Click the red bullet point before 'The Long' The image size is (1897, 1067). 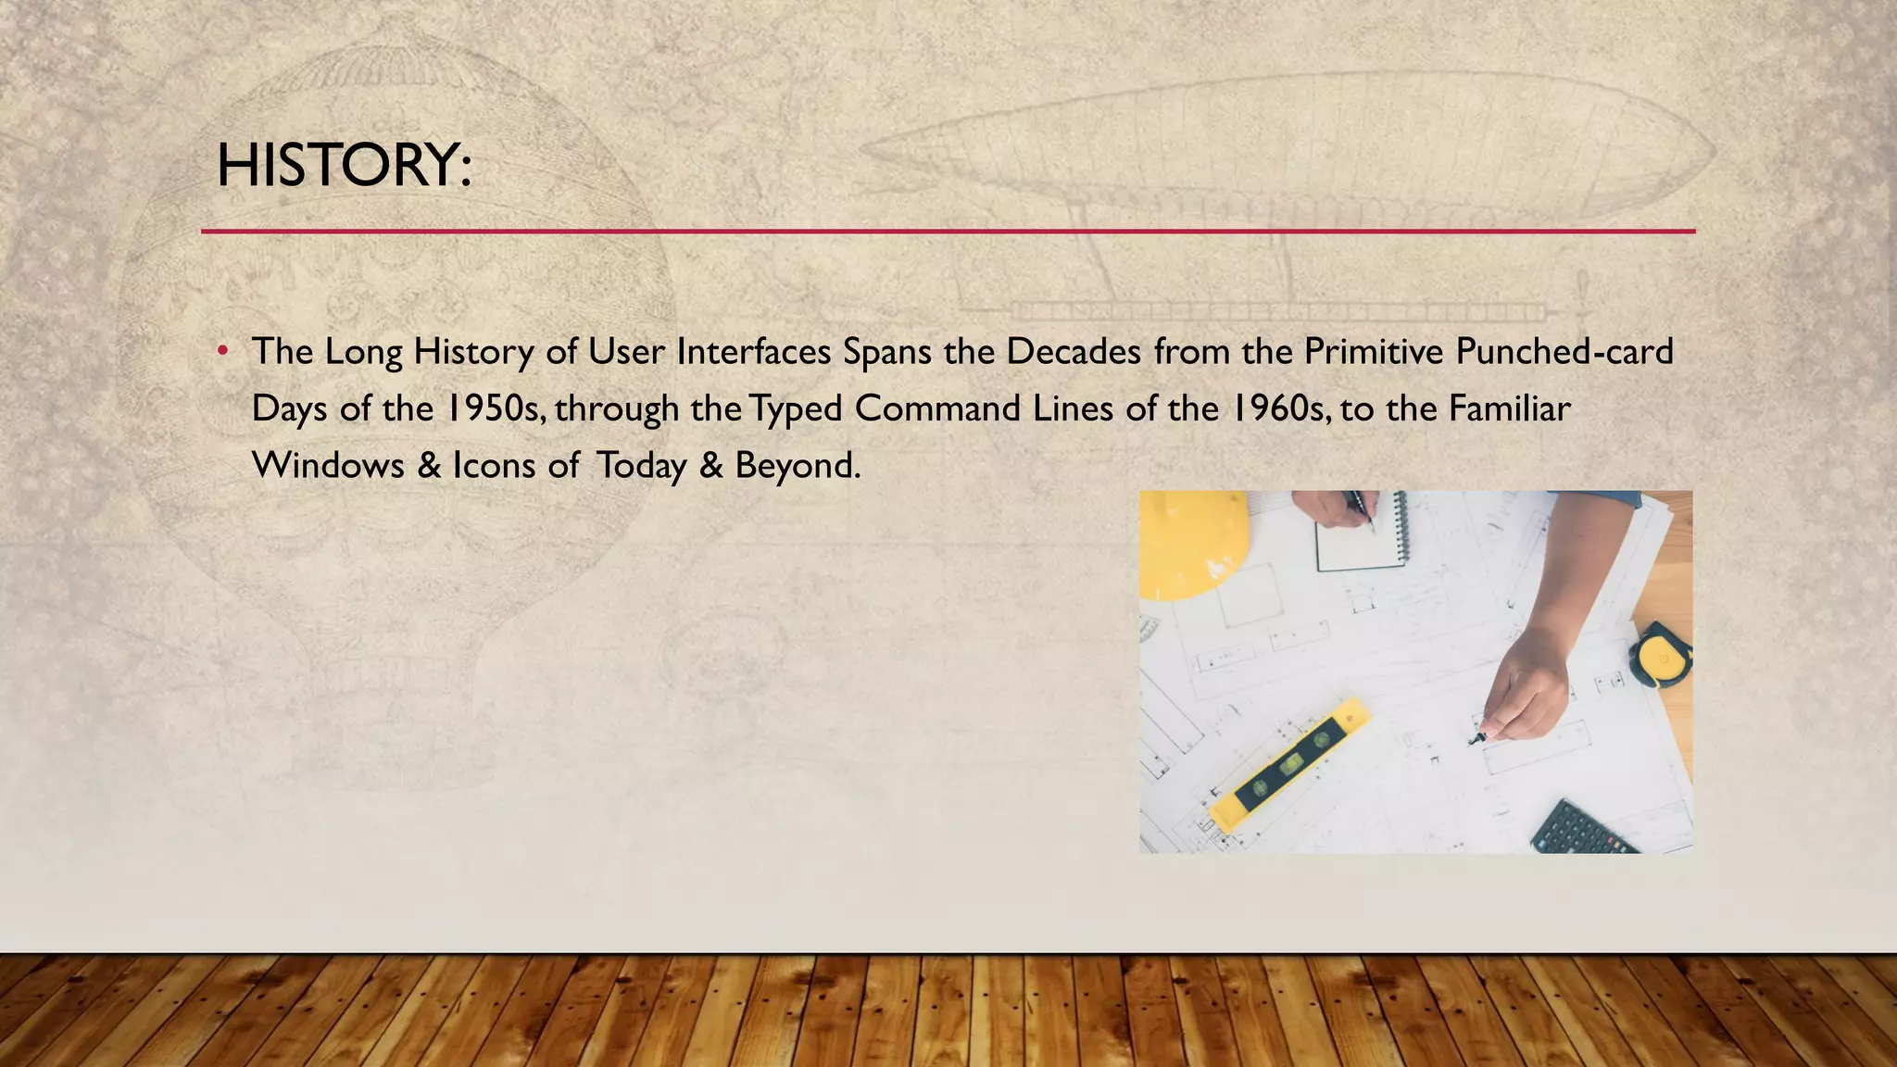222,352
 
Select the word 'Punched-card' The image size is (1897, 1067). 1564,352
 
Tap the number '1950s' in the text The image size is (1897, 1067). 495,408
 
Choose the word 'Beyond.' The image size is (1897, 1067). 798,465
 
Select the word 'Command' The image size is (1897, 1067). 937,408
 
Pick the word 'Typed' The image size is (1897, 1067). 796,408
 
